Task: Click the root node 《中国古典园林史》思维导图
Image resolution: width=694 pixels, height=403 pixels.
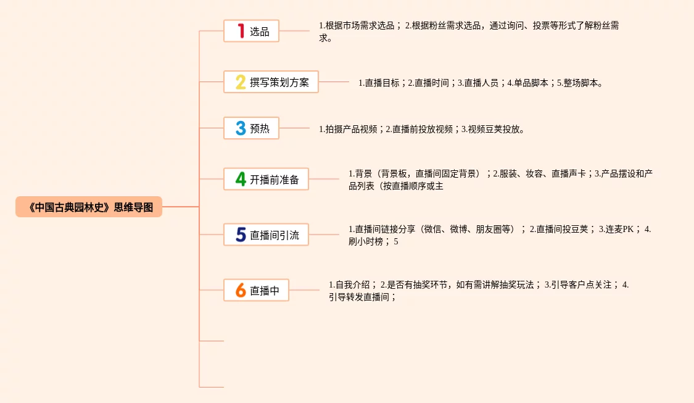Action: [x=89, y=207]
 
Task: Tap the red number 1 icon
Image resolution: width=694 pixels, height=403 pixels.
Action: [x=241, y=31]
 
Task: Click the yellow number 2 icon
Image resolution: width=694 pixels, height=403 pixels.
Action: [x=241, y=82]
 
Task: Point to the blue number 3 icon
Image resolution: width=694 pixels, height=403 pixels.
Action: [x=241, y=128]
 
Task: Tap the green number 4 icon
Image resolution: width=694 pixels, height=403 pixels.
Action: [x=241, y=180]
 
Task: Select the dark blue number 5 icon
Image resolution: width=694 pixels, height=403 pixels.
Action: [x=241, y=235]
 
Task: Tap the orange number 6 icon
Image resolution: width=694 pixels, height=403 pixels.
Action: [x=241, y=290]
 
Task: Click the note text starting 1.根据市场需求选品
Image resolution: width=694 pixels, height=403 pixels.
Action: [x=469, y=31]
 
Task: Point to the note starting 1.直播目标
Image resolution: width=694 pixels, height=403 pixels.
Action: [x=481, y=83]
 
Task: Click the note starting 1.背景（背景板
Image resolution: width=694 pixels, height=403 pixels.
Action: [x=500, y=180]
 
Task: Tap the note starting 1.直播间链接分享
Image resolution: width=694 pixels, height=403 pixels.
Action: [x=500, y=235]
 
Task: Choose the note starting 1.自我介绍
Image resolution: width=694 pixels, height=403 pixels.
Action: [x=479, y=291]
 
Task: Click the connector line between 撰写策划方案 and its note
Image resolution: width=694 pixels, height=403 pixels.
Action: [x=334, y=81]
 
